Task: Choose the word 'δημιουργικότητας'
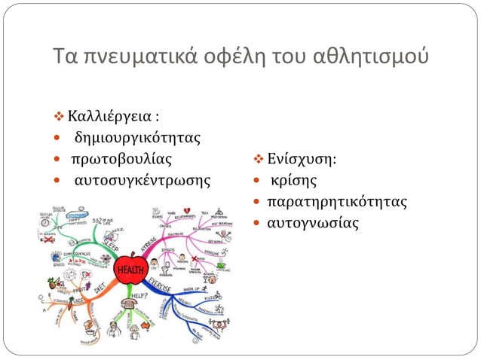pos(136,139)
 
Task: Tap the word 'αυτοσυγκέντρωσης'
pos(142,181)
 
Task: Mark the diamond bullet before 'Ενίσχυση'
pos(257,160)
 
